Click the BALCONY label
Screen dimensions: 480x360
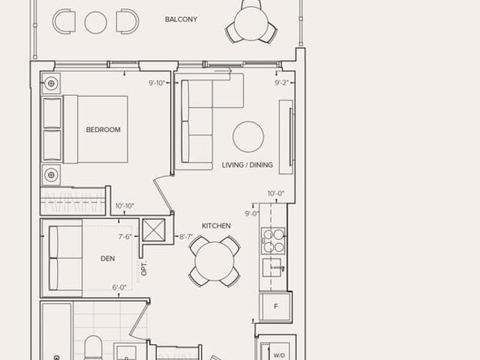pyautogui.click(x=181, y=19)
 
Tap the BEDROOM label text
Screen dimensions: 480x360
pyautogui.click(x=103, y=130)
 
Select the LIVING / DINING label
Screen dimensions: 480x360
pyautogui.click(x=247, y=165)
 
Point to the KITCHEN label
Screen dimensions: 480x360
pyautogui.click(x=216, y=226)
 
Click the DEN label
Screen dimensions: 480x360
pyautogui.click(x=108, y=259)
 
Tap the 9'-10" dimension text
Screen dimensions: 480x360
pyautogui.click(x=157, y=83)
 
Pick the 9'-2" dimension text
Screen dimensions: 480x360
pyautogui.click(x=282, y=82)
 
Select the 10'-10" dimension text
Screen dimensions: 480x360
pyautogui.click(x=124, y=206)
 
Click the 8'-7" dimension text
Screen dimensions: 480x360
pyautogui.click(x=186, y=237)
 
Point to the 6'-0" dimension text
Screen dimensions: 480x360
pyautogui.click(x=119, y=287)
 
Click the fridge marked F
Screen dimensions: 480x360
pyautogui.click(x=275, y=307)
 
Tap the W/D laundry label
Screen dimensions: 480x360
pyautogui.click(x=279, y=355)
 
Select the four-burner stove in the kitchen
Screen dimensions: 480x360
pyautogui.click(x=273, y=240)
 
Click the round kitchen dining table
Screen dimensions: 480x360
pyautogui.click(x=214, y=261)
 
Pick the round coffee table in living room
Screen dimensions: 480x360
pyautogui.click(x=248, y=136)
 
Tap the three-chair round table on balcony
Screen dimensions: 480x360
pyautogui.click(x=251, y=23)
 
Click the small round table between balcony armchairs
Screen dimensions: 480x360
pyautogui.click(x=96, y=22)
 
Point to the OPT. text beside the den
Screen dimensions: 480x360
pyautogui.click(x=144, y=268)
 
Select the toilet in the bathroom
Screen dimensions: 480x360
pyautogui.click(x=93, y=348)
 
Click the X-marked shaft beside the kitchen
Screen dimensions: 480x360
pyautogui.click(x=154, y=230)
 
